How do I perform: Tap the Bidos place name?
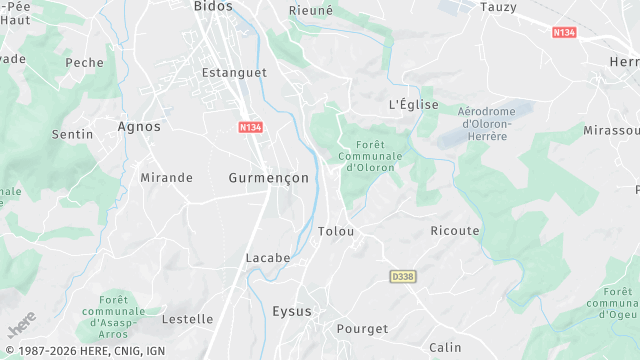point(213,6)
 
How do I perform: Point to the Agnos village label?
point(139,127)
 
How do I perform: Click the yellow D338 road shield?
point(402,275)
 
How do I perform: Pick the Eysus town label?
point(292,312)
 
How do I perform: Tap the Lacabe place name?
point(268,258)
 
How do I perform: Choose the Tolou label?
point(336,231)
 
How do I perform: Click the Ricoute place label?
point(454,231)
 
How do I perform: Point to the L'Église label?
point(413,104)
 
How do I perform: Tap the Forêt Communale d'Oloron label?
point(370,156)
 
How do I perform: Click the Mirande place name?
point(166,178)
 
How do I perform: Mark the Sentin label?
point(73,133)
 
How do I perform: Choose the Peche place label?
point(84,62)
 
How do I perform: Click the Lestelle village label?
point(187,319)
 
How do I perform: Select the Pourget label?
point(362,329)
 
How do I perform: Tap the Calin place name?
point(445,347)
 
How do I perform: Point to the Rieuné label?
point(310,10)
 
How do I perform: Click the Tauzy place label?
point(498,6)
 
